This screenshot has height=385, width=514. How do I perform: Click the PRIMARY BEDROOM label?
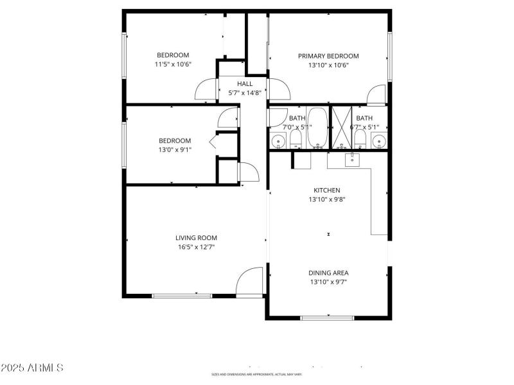328,56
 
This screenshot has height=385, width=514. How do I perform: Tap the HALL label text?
245,83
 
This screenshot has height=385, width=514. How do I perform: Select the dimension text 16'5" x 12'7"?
196,246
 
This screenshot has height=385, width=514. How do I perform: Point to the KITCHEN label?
326,190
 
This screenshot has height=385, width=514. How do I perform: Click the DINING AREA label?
329,273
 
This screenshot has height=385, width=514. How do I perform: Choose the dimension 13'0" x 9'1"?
175,150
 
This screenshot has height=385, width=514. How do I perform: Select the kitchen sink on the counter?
351,160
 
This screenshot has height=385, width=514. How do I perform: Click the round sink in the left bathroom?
278,141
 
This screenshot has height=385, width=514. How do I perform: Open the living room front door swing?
250,282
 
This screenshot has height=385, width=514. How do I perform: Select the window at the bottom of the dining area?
328,317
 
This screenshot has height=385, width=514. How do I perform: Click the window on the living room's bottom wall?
182,296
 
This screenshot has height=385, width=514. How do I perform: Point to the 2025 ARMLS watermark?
32,368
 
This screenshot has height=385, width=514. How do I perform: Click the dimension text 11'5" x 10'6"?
173,64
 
